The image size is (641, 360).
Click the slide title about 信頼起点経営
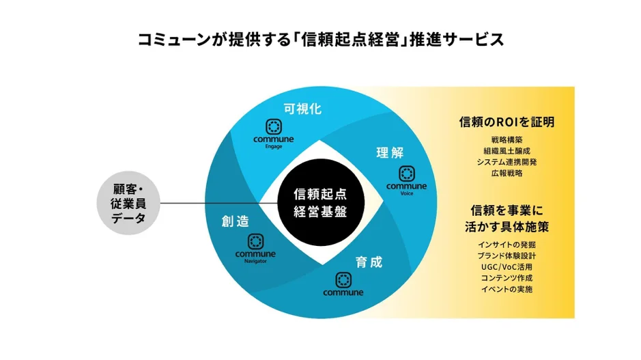click(x=320, y=39)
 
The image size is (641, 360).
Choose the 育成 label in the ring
click(x=369, y=262)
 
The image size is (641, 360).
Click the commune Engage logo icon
click(x=273, y=127)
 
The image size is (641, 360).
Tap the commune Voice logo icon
click(x=407, y=173)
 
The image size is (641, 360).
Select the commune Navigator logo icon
click(x=255, y=241)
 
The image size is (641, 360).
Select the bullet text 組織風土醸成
click(x=506, y=151)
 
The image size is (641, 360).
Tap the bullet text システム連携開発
click(x=506, y=162)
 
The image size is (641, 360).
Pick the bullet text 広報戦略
click(x=506, y=173)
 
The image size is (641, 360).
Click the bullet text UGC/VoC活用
click(x=506, y=267)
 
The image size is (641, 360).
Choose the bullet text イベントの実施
click(x=506, y=289)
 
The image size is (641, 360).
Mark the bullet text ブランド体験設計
click(x=506, y=256)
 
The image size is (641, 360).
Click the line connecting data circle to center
click(x=205, y=202)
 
